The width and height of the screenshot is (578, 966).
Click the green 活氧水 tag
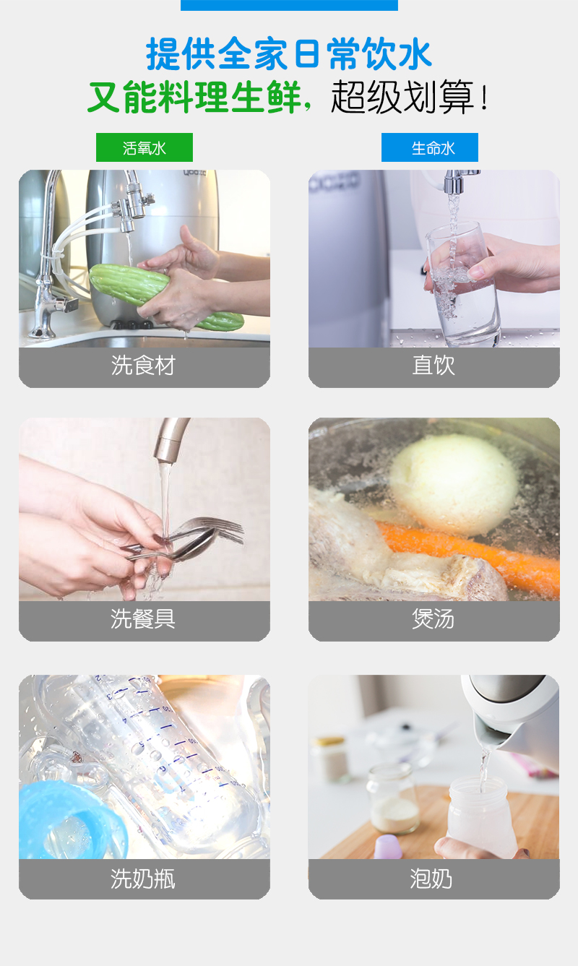(x=144, y=147)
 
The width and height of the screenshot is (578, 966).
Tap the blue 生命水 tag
(x=430, y=147)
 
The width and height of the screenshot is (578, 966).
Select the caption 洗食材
(x=143, y=366)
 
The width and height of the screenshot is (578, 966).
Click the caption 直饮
(x=433, y=366)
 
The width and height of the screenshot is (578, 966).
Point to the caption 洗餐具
(x=143, y=619)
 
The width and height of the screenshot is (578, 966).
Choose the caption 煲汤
(x=433, y=619)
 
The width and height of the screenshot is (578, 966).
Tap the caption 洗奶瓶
(x=143, y=879)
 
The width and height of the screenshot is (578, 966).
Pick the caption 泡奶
(x=431, y=879)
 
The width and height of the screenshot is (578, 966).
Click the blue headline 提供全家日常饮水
(x=289, y=53)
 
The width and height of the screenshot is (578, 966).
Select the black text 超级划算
(x=402, y=97)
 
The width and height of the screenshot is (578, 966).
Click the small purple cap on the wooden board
(x=388, y=846)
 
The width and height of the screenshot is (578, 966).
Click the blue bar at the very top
(x=289, y=5)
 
